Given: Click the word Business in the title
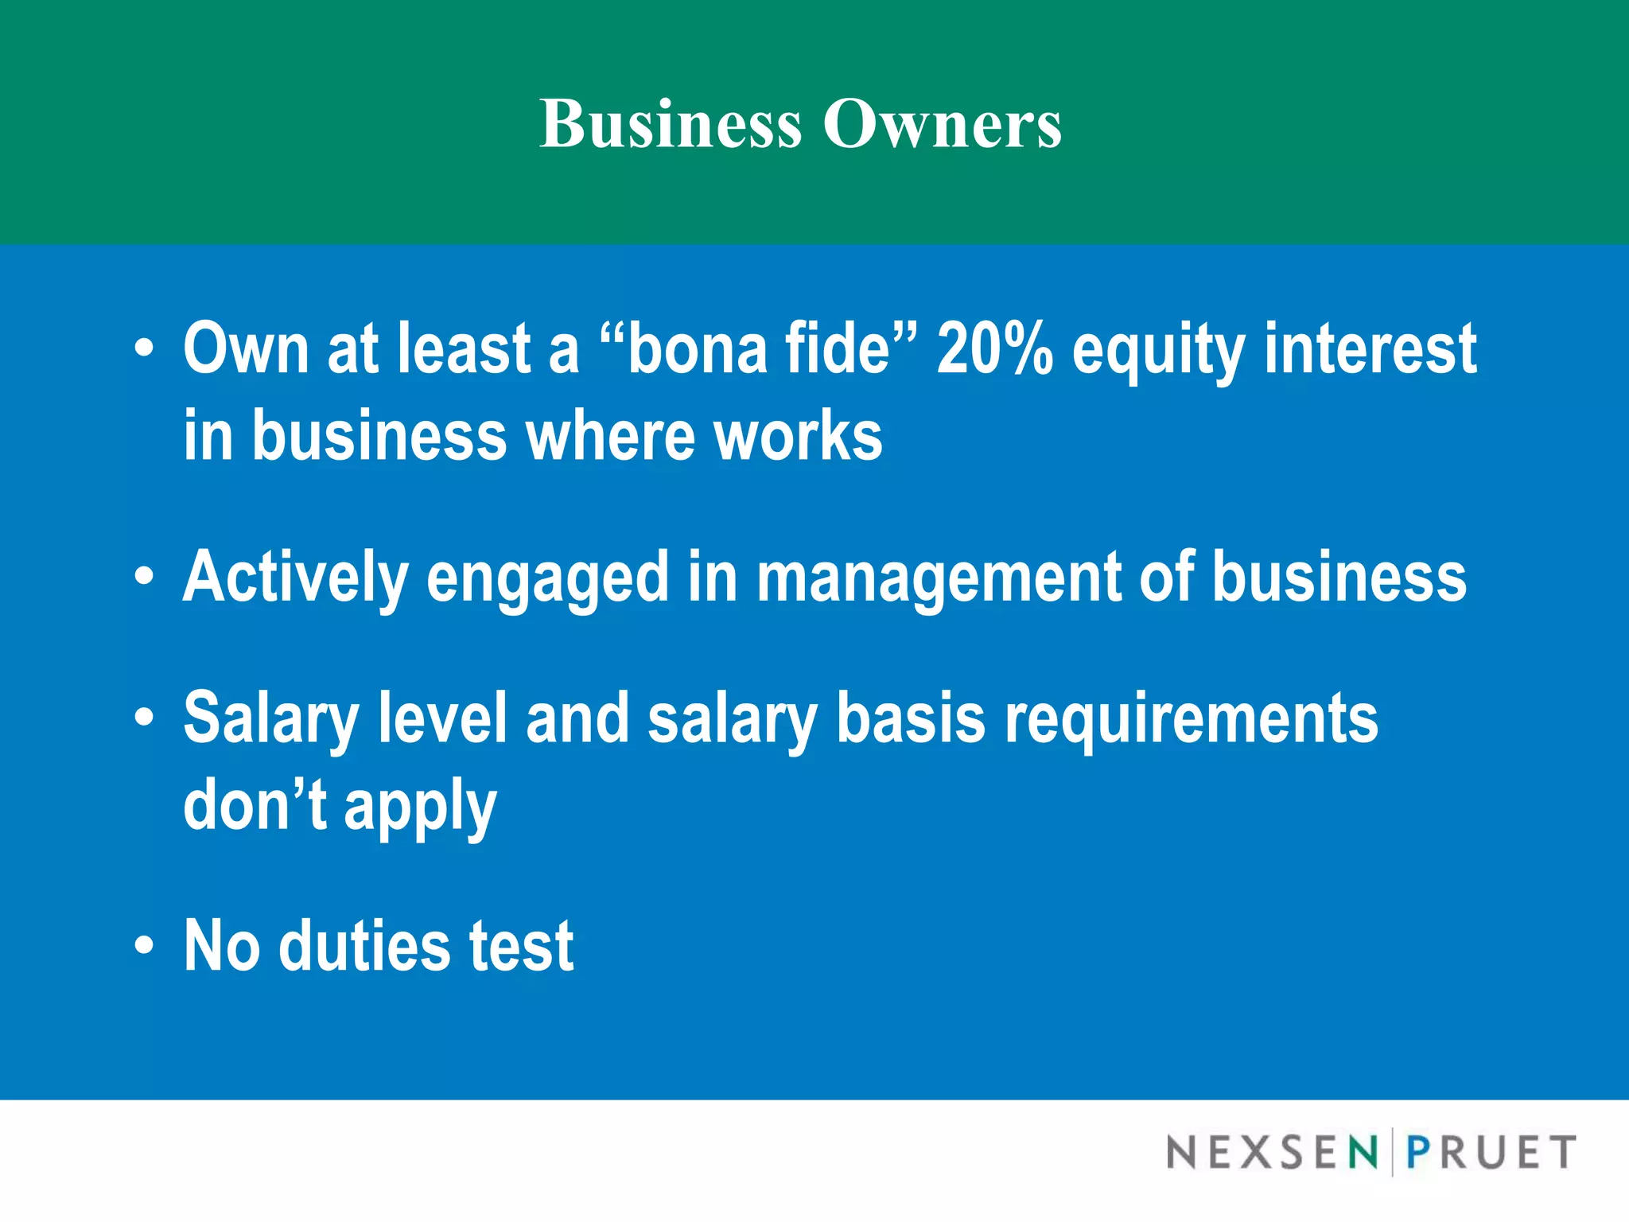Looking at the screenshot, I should (x=671, y=124).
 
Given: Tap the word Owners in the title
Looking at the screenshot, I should (x=942, y=124).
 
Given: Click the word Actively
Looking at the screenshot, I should (x=295, y=578).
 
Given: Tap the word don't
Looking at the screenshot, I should (x=255, y=805).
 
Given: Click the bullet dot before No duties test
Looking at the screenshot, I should (x=143, y=946).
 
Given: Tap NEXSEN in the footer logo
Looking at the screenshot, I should (x=1272, y=1152).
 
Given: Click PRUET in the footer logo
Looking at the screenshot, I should (x=1491, y=1152).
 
